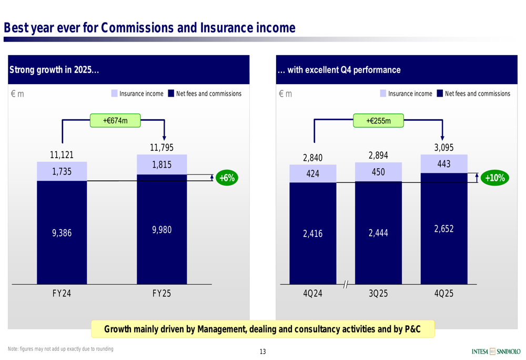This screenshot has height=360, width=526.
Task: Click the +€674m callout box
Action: [115, 121]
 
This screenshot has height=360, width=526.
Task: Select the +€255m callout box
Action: [378, 121]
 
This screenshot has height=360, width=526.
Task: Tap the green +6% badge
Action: [227, 178]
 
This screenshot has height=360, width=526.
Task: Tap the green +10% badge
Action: [494, 178]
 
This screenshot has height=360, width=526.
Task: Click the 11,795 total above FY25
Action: [161, 148]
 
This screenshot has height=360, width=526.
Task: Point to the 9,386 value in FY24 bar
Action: [62, 233]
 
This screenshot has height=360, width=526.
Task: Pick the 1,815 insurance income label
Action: [161, 165]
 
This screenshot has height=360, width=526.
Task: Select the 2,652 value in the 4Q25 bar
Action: [443, 229]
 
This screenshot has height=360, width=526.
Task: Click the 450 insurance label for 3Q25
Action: [378, 172]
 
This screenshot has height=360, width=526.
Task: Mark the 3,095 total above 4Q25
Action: [443, 148]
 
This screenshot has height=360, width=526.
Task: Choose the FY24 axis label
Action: [62, 294]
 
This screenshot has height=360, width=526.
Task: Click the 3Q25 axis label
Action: [378, 294]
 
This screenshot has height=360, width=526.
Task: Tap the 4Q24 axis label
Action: [312, 294]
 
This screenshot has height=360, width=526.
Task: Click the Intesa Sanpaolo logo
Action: [496, 351]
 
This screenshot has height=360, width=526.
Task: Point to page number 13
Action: [262, 352]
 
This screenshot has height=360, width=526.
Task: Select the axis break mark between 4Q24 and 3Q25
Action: [346, 284]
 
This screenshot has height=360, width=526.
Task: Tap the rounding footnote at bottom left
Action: [60, 349]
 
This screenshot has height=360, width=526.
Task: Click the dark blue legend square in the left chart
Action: [171, 94]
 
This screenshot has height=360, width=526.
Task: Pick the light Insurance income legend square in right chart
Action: [383, 94]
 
